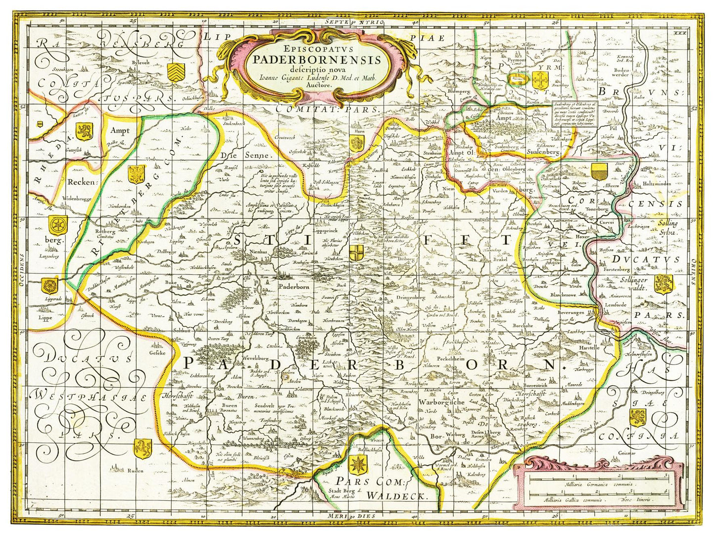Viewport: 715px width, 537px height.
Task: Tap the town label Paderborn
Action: click(x=294, y=286)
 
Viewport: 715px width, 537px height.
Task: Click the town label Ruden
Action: click(x=135, y=471)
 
